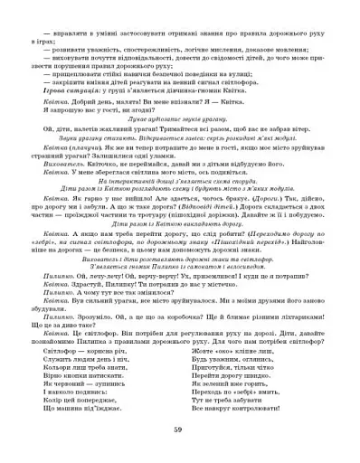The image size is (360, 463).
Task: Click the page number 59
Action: point(180,429)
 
